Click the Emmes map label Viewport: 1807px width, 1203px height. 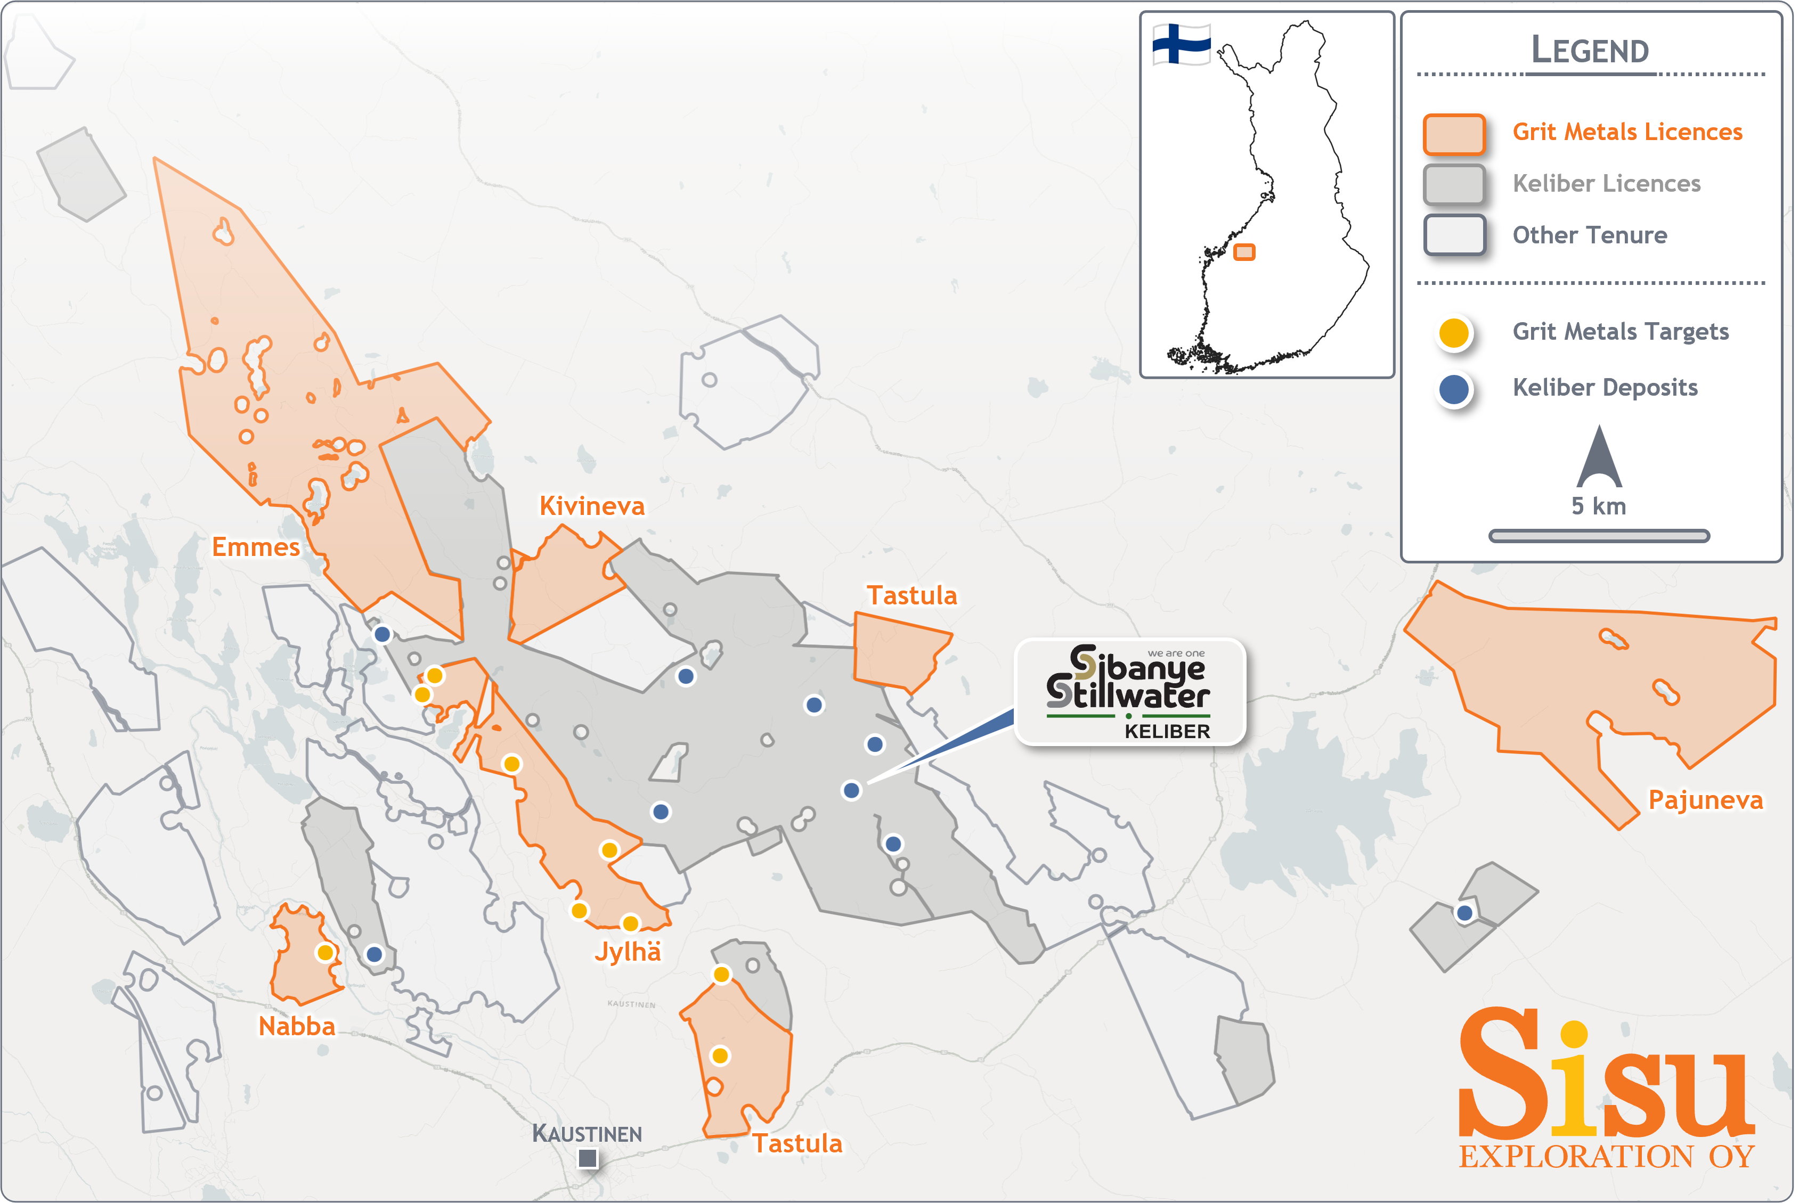[x=256, y=547]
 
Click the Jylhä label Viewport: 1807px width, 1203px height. [x=627, y=951]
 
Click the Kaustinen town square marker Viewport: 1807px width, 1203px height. [x=588, y=1158]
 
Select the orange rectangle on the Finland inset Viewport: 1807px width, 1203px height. [x=1244, y=252]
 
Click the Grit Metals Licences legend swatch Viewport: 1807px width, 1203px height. [x=1453, y=134]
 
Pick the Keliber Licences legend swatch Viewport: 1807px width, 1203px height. [x=1453, y=184]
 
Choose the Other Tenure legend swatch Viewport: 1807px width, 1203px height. [x=1453, y=235]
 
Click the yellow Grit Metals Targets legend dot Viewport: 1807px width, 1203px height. [x=1453, y=333]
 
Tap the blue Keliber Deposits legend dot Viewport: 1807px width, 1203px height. [x=1453, y=389]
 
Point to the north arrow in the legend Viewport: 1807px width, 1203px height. [x=1599, y=458]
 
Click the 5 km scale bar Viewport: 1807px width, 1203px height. [x=1599, y=536]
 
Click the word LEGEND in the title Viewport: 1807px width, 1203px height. [x=1590, y=51]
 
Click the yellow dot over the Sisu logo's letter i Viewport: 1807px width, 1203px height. [x=1574, y=1034]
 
